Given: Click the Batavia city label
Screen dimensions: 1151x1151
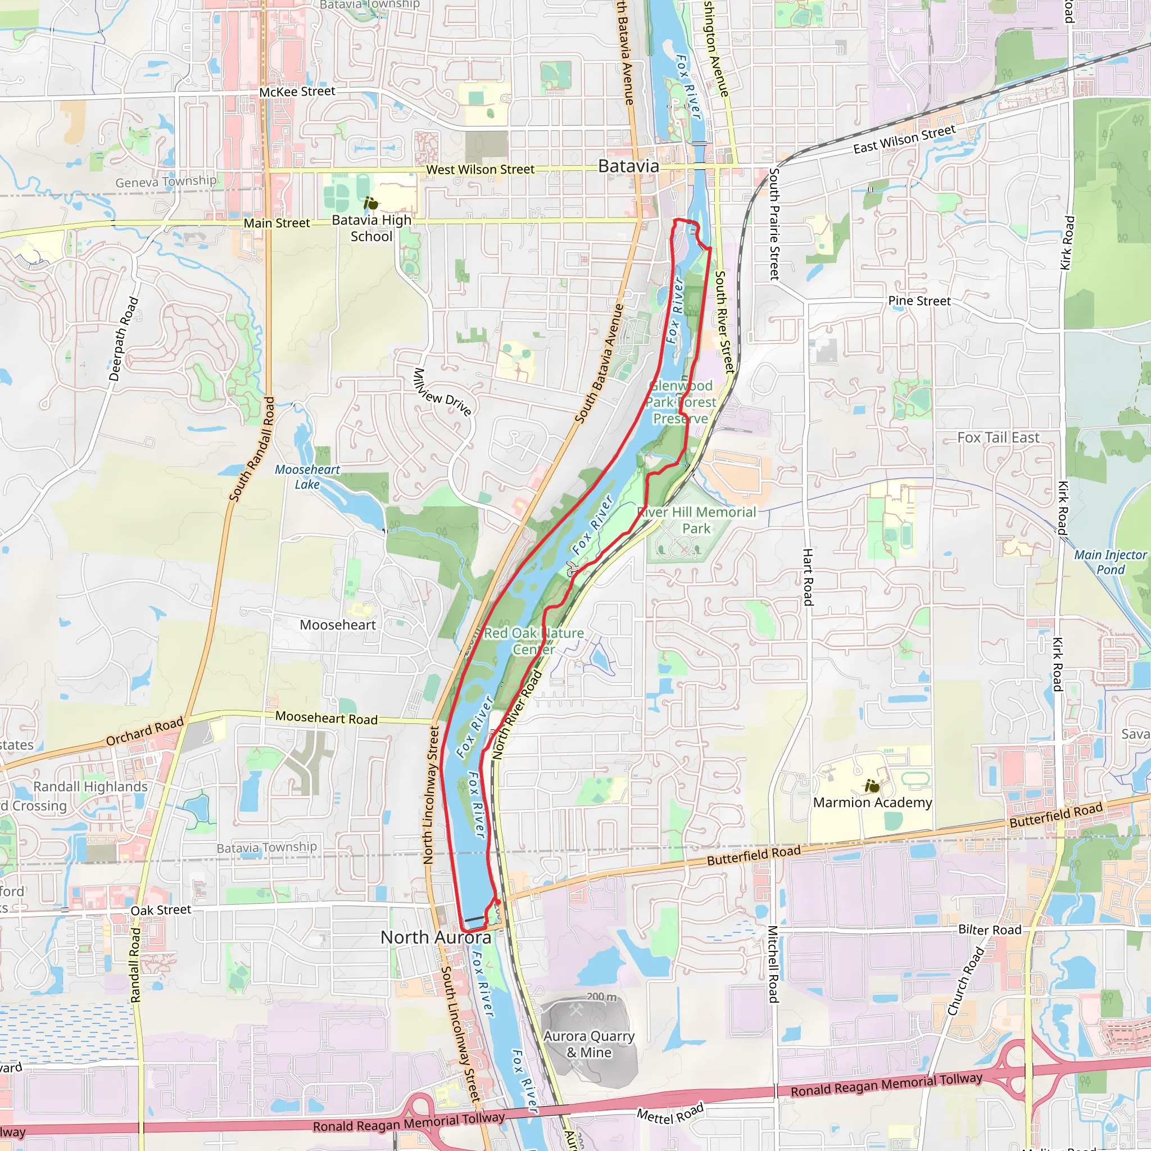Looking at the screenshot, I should pos(628,166).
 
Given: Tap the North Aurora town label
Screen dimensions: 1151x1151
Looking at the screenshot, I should pos(436,937).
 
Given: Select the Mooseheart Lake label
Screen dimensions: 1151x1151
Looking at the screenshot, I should pos(307,477).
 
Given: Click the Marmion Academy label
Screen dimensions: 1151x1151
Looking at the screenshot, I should pos(872,803).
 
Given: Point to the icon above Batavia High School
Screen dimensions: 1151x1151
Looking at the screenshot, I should pos(370,204).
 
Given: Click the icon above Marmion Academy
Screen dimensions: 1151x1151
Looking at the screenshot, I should pos(872,786).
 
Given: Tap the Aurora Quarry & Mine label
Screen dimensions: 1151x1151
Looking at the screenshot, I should pos(588,1044).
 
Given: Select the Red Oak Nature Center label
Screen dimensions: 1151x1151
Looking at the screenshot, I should pos(534,641).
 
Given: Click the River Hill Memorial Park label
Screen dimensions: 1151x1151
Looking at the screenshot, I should pos(696,520).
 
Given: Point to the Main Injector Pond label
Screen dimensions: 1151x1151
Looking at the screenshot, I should pos(1110,562).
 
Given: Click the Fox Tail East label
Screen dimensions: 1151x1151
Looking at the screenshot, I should pos(998,437).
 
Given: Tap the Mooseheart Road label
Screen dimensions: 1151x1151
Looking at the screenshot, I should pos(327,718).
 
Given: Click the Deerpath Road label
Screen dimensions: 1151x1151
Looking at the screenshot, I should pos(123,339).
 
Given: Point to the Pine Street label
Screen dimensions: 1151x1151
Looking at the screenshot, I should pos(919,301).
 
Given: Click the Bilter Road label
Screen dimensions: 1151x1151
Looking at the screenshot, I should pos(990,930).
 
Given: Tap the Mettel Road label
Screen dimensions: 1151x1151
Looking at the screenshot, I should pos(670,1113).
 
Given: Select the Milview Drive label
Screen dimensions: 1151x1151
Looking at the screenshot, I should pos(443,392).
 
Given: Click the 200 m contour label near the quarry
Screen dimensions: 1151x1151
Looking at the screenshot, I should pos(601,996).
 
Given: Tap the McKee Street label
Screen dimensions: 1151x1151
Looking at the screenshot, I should pos(297,91).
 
